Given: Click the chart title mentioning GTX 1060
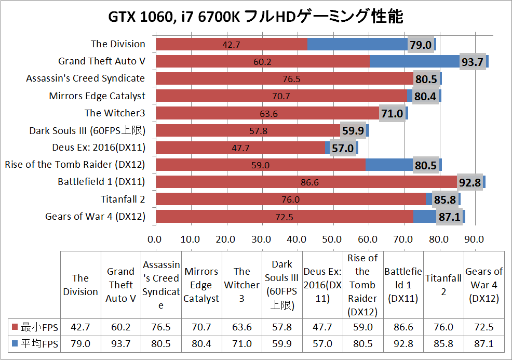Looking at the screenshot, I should pos(255,17).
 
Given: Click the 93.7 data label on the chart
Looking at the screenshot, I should pos(472,62).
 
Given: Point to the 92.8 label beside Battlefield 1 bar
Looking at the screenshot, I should pos(470,182).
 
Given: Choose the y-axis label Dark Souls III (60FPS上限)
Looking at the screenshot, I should pos(87,130).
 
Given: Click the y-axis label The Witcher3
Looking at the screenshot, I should pos(115,113).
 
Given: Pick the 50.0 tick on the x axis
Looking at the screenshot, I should pos(332,239).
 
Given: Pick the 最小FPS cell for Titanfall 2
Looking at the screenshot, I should pos(443,328).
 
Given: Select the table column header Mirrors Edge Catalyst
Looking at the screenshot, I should pos(201,285).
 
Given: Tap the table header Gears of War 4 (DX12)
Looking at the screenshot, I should pos(484,285).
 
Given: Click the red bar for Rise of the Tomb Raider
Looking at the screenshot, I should pos(260,165).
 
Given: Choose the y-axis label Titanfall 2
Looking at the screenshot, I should pos(123,199).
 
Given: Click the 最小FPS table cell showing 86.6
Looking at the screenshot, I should pos(403,328).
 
